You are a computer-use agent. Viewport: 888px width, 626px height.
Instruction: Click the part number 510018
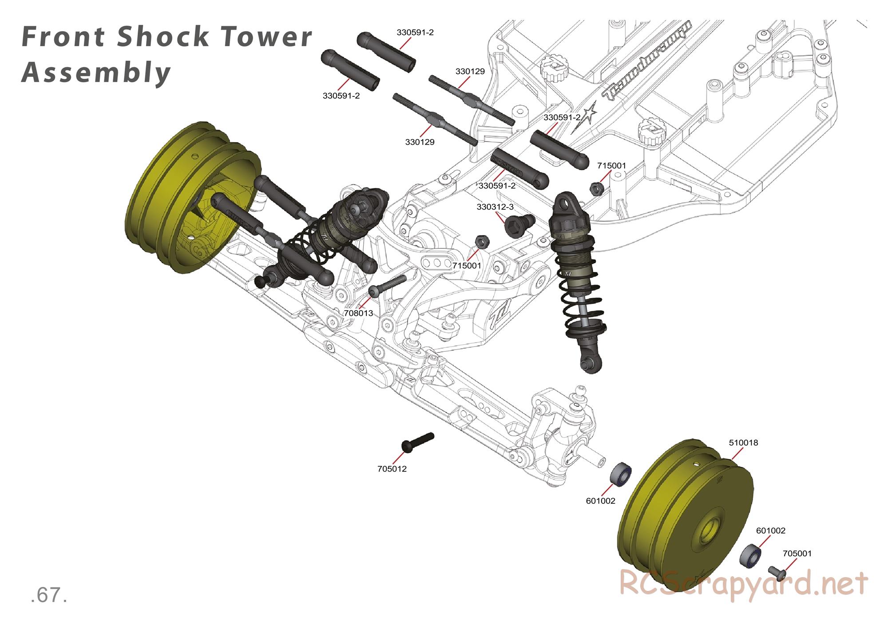(743, 443)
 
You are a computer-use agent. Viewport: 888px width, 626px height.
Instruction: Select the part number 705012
(392, 469)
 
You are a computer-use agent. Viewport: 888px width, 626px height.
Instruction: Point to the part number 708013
(359, 313)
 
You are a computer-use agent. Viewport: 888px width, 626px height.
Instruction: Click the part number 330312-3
(495, 207)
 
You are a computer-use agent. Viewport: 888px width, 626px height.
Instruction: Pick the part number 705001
(797, 554)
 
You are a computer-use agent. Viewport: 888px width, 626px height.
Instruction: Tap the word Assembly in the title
(96, 73)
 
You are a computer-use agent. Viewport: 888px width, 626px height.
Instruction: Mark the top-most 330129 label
(470, 71)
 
